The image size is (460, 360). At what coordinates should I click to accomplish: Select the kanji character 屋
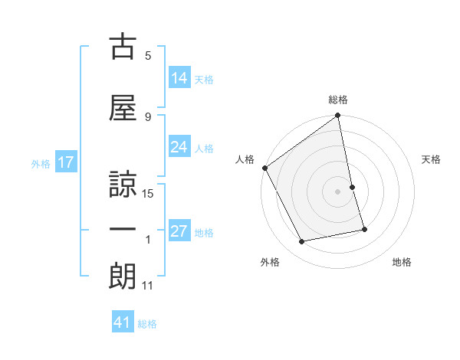click(x=123, y=106)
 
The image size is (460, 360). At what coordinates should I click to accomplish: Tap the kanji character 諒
click(x=123, y=184)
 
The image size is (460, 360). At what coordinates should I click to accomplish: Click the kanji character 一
click(x=123, y=230)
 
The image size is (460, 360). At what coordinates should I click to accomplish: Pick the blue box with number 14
click(x=179, y=78)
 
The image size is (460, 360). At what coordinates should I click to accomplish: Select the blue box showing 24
click(x=179, y=147)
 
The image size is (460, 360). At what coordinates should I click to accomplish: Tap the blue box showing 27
click(x=179, y=231)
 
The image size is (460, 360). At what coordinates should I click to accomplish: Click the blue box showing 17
click(x=65, y=162)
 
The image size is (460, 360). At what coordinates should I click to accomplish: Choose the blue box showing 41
click(x=123, y=322)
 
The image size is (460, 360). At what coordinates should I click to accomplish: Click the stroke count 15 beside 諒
click(x=148, y=194)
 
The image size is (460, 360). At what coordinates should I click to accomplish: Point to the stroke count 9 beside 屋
click(x=148, y=116)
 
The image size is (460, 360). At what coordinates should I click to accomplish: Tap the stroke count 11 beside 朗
click(x=148, y=286)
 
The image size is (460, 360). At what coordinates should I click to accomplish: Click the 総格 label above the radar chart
click(x=337, y=100)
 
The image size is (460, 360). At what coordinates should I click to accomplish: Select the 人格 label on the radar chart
click(x=245, y=159)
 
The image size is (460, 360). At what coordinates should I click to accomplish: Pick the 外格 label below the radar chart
click(x=270, y=262)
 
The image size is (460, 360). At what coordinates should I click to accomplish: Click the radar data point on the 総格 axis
click(x=337, y=116)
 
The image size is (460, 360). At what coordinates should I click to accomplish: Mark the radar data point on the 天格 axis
click(x=352, y=186)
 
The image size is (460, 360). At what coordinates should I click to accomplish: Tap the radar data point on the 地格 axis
click(x=364, y=229)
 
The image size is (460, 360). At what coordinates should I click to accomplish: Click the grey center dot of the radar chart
click(x=337, y=191)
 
